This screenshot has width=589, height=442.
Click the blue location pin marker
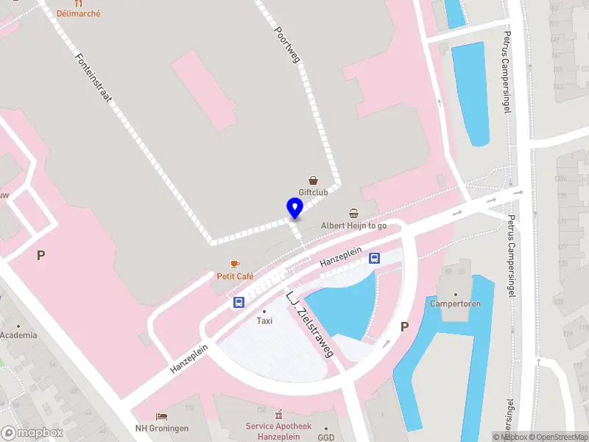294,208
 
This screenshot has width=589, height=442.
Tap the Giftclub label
313,192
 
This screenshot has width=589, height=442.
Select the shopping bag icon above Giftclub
314,180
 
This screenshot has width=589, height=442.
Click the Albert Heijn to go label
353,225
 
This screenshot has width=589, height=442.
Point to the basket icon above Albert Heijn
354,213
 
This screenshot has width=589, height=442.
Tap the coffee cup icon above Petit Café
235,264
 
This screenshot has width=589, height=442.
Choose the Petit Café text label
235,276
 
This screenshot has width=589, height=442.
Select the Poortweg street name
287,44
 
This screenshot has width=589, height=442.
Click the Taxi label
264,320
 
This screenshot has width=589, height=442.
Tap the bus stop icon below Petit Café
239,302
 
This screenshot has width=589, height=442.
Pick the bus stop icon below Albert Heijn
374,258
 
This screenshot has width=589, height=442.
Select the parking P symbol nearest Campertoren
403,326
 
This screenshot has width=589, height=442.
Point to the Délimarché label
78,13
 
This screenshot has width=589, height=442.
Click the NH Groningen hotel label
162,428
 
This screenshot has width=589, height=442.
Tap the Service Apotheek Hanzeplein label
278,431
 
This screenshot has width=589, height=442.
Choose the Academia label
18,335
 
